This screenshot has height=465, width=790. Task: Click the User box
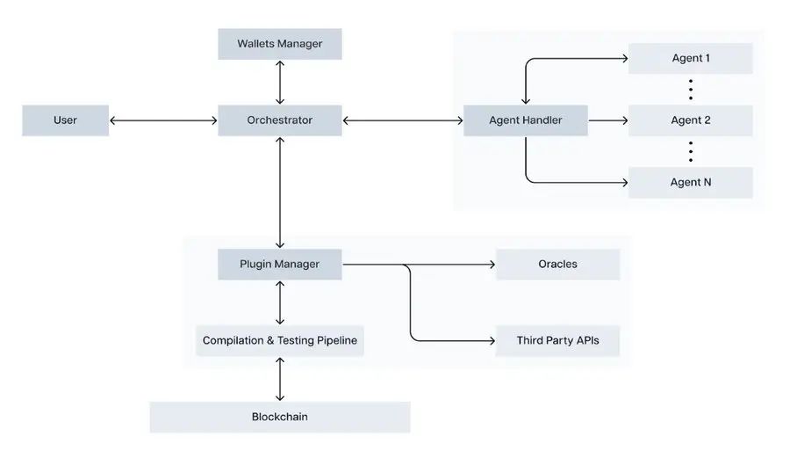point(65,120)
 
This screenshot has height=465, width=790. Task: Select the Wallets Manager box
point(279,44)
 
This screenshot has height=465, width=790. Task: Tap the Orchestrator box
point(279,120)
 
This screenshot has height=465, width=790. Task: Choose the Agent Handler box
point(525,120)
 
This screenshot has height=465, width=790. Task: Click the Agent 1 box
point(691,59)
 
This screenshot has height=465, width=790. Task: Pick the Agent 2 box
point(691,120)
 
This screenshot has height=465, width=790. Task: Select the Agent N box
point(691,183)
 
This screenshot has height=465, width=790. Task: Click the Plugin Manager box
point(279,264)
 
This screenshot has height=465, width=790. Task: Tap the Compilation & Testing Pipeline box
point(279,340)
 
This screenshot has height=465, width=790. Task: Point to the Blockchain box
point(279,417)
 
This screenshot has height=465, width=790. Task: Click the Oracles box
point(557,264)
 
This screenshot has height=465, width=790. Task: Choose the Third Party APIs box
point(557,340)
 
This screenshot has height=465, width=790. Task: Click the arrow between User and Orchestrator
point(163,120)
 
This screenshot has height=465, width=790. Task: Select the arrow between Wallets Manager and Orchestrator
point(279,83)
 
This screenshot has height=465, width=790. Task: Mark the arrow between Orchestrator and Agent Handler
point(402,120)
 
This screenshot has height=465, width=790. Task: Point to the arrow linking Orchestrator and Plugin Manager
point(279,193)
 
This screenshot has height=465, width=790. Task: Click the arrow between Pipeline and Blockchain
point(279,379)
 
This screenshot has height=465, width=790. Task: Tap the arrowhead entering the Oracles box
point(492,264)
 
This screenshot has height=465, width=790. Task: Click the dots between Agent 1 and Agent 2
point(691,90)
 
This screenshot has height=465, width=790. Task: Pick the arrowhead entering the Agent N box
point(624,183)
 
